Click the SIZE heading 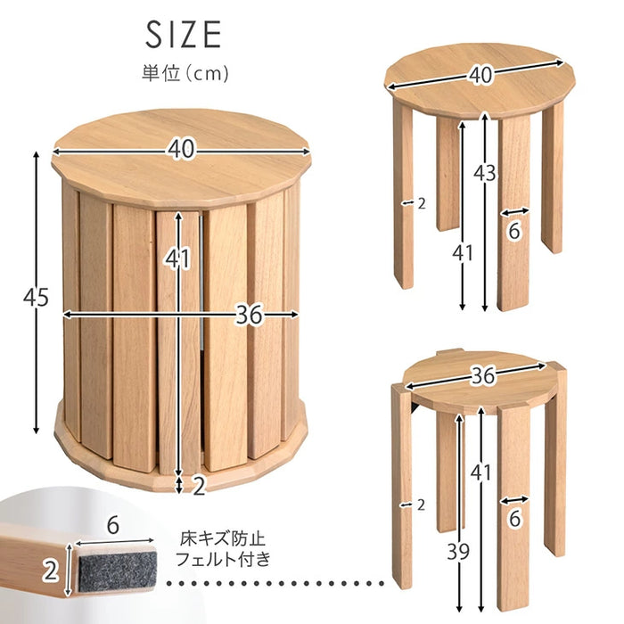coord(183,35)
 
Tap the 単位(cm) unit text coord(185,74)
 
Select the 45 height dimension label coord(36,297)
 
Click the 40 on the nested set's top coord(181,150)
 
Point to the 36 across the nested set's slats coord(250,315)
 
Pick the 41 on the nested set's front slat coord(178,259)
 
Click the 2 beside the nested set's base coord(199,486)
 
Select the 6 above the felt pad coord(113,525)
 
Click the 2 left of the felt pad coord(51,572)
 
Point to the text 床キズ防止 coord(223,539)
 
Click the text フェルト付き coord(223,560)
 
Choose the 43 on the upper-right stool coord(485,173)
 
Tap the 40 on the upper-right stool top coord(480,75)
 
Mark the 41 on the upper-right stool coord(463,252)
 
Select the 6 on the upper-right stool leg coord(514,230)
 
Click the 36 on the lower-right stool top coord(483,375)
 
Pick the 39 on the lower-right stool coord(458,552)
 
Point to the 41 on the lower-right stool coord(481,472)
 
